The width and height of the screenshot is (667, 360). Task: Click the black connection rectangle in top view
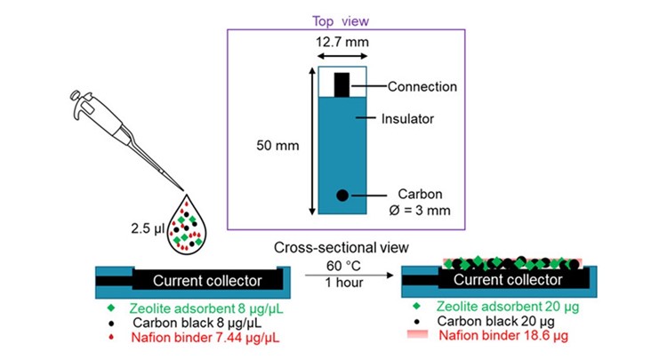pos(342,84)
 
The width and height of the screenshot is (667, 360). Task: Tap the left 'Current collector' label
pos(206,281)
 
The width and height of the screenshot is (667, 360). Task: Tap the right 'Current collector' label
pos(508,281)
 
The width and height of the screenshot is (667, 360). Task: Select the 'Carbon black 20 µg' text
pos(496,322)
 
